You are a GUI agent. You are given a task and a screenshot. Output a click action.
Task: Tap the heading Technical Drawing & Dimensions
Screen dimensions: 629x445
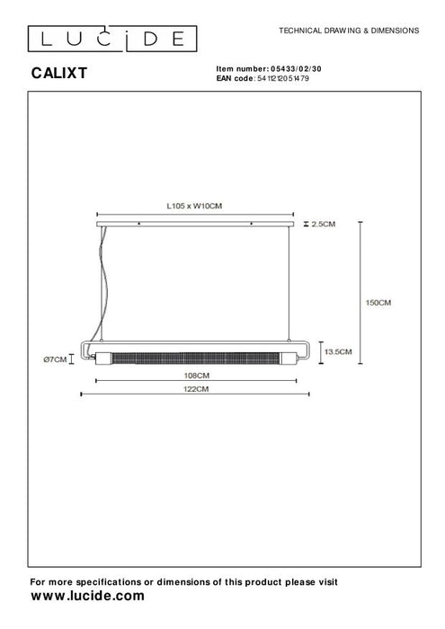click(x=350, y=30)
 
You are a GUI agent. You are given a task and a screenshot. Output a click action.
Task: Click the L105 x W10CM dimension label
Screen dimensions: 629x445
click(x=194, y=206)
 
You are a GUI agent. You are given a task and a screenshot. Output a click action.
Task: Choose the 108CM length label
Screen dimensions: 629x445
click(x=197, y=375)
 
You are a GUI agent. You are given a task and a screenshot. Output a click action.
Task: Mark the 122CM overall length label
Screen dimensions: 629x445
click(x=196, y=389)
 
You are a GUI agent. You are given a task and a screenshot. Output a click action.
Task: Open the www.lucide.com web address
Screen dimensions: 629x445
click(x=87, y=596)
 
